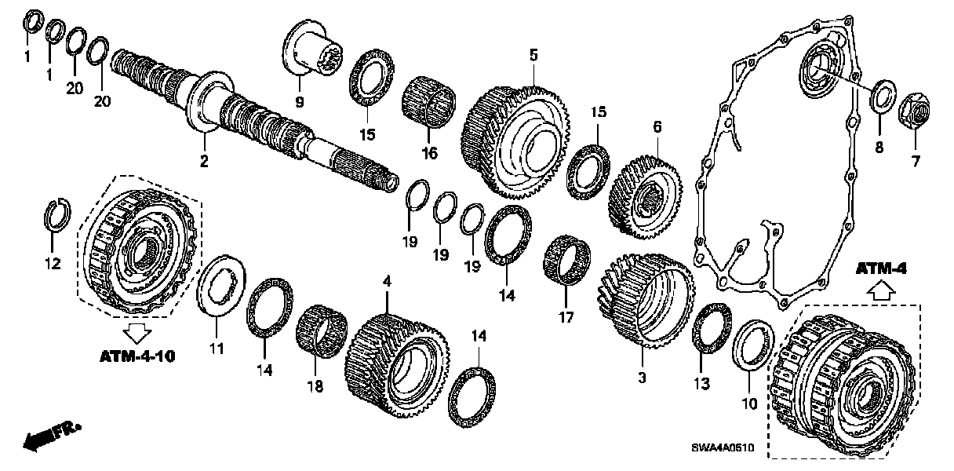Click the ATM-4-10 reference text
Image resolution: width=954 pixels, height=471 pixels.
(x=137, y=357)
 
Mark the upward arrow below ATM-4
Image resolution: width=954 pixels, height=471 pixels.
(x=880, y=291)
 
